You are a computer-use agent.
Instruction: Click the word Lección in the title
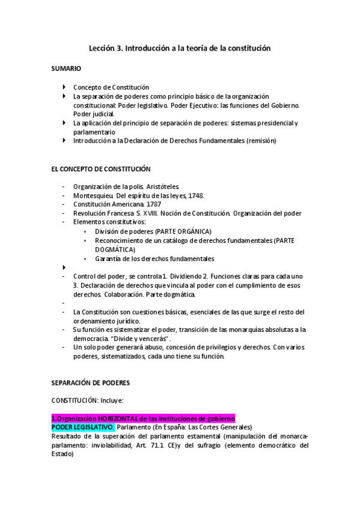tap(103, 47)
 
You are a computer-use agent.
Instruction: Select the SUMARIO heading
tap(66, 69)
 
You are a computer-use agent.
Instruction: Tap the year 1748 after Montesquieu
tap(196, 195)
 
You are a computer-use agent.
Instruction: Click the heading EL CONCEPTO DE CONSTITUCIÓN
tap(101, 169)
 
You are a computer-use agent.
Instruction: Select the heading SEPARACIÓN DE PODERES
tap(91, 382)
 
